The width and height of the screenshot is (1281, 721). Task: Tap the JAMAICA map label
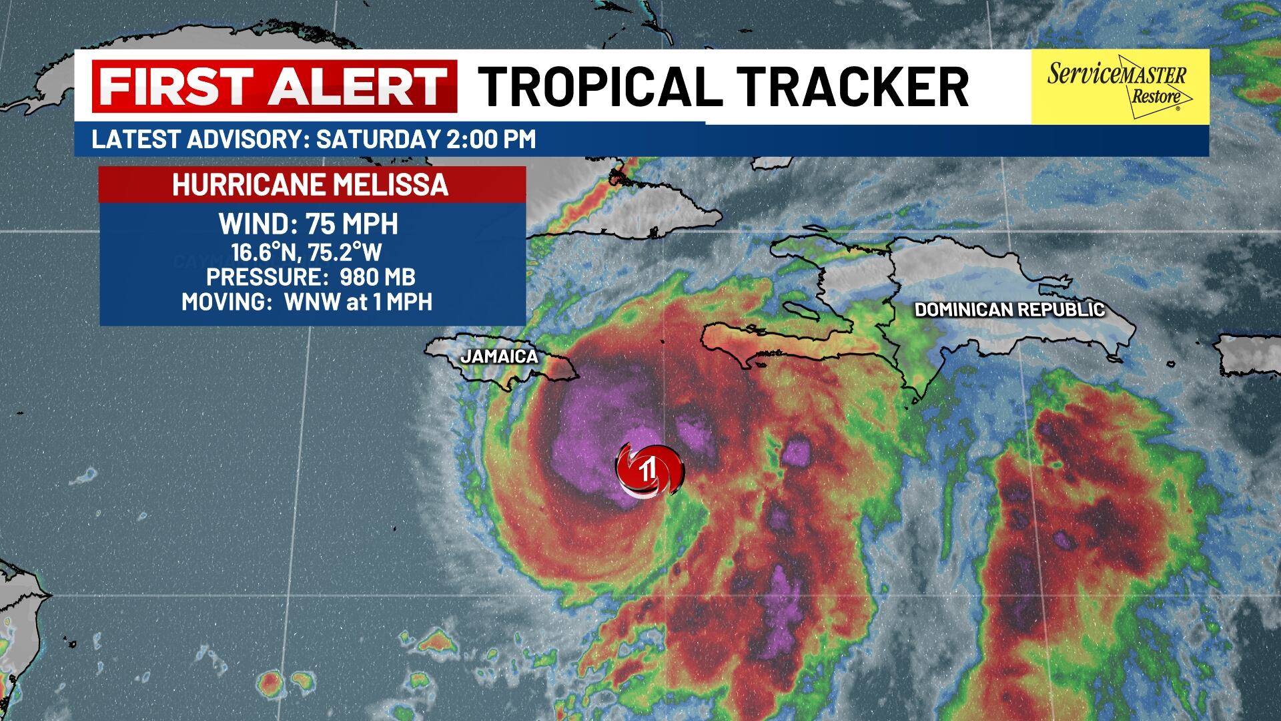click(x=499, y=356)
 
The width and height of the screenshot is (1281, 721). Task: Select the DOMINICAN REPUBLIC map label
click(x=1009, y=310)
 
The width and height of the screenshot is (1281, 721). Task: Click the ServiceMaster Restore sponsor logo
click(x=1120, y=86)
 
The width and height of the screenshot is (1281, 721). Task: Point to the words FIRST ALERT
click(x=274, y=86)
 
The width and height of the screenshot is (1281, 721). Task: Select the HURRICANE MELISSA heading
click(x=310, y=185)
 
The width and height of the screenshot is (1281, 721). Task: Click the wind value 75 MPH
click(x=352, y=224)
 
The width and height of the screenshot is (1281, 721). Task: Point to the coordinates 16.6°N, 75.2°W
click(x=307, y=252)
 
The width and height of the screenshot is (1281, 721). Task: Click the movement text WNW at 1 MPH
click(x=358, y=302)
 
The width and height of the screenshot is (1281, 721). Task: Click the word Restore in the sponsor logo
click(x=1152, y=97)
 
